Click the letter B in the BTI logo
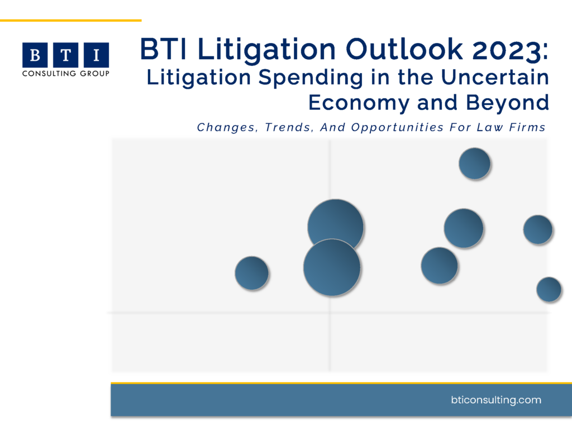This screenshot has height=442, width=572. coord(35,55)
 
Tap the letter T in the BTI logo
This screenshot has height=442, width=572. coord(66,55)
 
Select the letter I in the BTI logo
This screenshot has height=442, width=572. coord(97,55)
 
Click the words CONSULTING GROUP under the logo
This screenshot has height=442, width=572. coord(65,73)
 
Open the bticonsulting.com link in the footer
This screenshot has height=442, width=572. coord(495,400)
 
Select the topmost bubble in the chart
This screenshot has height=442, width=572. coord(474,164)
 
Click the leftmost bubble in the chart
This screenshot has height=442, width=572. coord(251,273)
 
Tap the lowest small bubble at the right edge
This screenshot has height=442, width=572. coord(549,289)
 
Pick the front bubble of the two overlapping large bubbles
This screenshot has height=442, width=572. coord(331,267)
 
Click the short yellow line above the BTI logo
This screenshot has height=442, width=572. coord(70,20)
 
